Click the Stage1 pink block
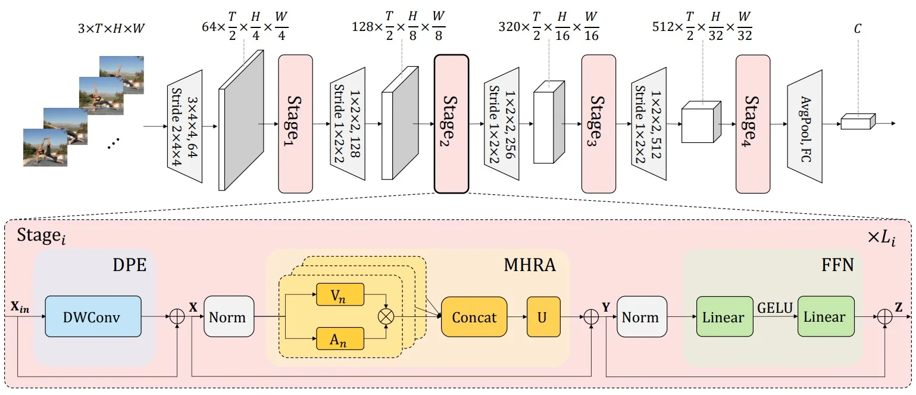click(x=295, y=124)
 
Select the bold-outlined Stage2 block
click(x=451, y=124)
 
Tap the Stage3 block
click(x=598, y=124)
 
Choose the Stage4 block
click(x=753, y=124)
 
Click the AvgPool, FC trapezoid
click(x=805, y=124)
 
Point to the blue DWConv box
click(x=93, y=318)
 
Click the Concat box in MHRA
click(x=474, y=317)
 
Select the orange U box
click(x=543, y=317)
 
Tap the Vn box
click(x=339, y=295)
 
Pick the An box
click(x=339, y=339)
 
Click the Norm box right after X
click(x=229, y=317)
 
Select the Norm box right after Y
click(x=640, y=317)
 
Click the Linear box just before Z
click(x=825, y=317)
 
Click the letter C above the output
click(x=857, y=28)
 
